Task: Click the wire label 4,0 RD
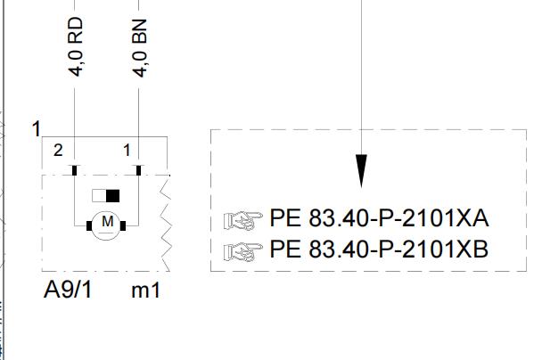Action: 76,46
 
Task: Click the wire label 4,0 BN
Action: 140,48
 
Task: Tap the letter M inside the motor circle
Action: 108,221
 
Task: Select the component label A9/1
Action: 68,290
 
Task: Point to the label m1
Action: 146,290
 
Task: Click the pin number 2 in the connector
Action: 58,151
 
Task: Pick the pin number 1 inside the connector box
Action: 127,151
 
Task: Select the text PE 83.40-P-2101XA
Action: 379,218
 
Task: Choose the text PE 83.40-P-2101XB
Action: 379,250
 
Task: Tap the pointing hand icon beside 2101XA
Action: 243,220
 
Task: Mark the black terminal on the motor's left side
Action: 89,226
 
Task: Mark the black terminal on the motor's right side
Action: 123,226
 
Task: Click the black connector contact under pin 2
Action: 74,170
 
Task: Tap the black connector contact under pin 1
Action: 138,170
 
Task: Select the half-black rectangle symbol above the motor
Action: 106,196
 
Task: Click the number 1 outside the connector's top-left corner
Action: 36,129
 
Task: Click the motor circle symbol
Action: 106,240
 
